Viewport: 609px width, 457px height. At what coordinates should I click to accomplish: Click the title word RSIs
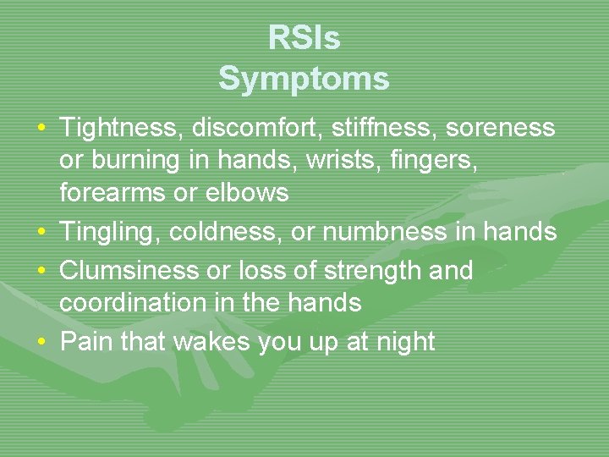click(x=304, y=38)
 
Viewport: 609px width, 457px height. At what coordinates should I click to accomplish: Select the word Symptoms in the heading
click(x=304, y=79)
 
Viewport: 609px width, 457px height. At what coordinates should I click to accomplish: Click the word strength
click(x=375, y=271)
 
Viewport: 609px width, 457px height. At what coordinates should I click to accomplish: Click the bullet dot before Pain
click(x=41, y=342)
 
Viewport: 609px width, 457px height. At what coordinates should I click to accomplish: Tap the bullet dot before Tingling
click(x=41, y=232)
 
